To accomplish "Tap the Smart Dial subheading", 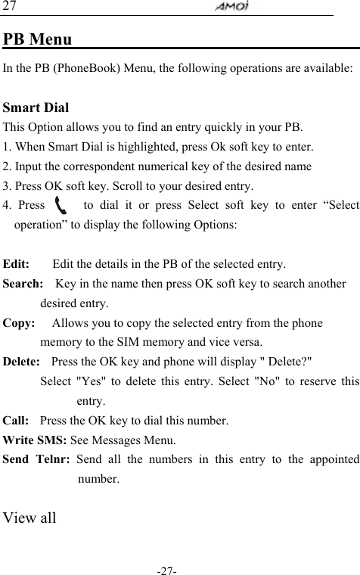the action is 36,107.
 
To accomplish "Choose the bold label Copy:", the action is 19,323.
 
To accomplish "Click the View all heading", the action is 29,517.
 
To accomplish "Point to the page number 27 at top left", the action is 10,7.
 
